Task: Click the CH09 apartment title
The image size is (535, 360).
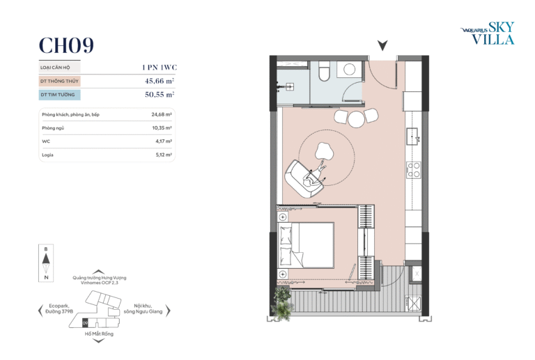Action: tap(66, 45)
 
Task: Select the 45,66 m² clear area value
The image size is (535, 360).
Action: tap(160, 81)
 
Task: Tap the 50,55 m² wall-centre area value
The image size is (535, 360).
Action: tap(160, 95)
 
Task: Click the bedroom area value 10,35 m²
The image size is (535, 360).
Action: tap(162, 128)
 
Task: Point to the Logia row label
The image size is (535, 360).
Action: tap(47, 155)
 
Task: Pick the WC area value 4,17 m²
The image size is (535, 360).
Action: tap(164, 141)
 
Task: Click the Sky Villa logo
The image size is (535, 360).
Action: tap(488, 33)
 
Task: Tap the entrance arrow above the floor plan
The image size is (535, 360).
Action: tap(382, 45)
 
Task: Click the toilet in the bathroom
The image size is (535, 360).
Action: tap(323, 71)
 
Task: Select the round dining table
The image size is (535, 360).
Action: tap(356, 119)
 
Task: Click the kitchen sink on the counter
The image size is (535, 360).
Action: tap(412, 136)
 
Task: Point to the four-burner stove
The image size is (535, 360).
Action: tap(414, 170)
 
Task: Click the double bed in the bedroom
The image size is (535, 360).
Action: tap(306, 245)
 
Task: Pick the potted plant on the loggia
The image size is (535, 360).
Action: tap(282, 304)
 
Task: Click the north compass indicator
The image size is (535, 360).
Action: tap(46, 263)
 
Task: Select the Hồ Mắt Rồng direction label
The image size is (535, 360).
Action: tap(99, 334)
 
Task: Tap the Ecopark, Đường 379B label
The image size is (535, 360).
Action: tap(59, 308)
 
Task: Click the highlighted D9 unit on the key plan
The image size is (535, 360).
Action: tap(85, 323)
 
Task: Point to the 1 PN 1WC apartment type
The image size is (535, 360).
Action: tap(160, 67)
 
